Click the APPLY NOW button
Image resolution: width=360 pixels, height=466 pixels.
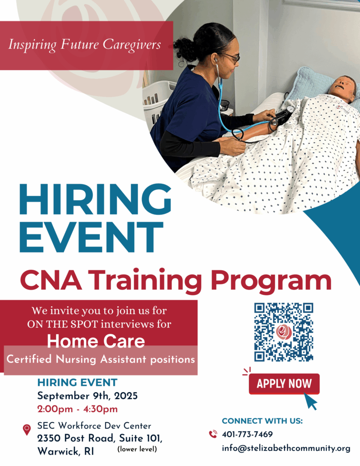click(284, 384)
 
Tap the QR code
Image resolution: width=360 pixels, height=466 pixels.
click(284, 332)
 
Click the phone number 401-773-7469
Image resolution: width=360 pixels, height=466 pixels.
click(247, 434)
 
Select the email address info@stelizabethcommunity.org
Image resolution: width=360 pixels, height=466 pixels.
click(286, 448)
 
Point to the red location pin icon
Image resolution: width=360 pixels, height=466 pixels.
click(27, 430)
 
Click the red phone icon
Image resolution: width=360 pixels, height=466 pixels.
click(213, 434)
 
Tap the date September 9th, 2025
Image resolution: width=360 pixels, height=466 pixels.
click(87, 396)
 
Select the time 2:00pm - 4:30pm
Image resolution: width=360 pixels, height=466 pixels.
click(77, 409)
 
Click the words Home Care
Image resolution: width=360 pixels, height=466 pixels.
click(96, 341)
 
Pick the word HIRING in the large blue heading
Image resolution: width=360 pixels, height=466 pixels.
click(95, 199)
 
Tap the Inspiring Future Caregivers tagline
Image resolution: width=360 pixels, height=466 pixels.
click(85, 45)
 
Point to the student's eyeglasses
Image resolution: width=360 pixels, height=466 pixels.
click(231, 57)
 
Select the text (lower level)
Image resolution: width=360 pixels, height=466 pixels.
click(137, 449)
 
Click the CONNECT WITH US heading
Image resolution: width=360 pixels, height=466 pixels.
click(262, 421)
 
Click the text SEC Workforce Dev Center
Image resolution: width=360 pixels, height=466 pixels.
click(94, 426)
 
